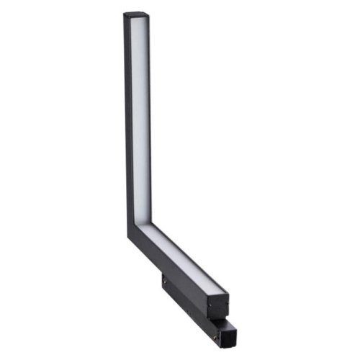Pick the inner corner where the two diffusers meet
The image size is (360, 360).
pos(150,224)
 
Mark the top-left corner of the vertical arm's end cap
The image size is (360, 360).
pos(123,14)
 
